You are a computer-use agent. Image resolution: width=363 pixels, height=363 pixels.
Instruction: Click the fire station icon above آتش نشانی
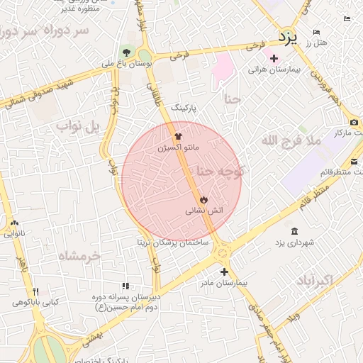[x=204, y=199]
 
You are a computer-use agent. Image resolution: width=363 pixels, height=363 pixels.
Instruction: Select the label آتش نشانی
[x=204, y=211]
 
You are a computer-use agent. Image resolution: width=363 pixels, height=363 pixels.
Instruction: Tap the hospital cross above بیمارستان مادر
[x=224, y=272]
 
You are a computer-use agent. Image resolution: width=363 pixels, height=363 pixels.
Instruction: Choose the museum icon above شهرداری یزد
[x=294, y=231]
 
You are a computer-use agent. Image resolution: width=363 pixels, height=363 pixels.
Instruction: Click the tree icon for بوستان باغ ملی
[x=127, y=52]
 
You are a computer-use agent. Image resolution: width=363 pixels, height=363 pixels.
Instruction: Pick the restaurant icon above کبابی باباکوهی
[x=35, y=291]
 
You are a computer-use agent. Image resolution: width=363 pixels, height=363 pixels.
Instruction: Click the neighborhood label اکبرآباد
[x=311, y=279]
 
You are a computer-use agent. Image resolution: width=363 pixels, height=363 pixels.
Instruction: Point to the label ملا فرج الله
[x=291, y=140]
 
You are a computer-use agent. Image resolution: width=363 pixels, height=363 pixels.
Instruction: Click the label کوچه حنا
[x=220, y=171]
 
